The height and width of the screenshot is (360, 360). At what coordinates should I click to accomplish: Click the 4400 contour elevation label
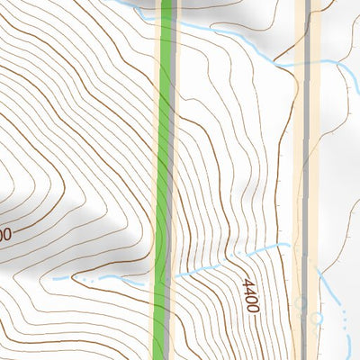[x=249, y=295]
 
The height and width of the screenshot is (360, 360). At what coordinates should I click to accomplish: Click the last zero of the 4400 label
[x=250, y=309]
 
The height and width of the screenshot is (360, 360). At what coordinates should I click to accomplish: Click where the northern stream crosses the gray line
[x=307, y=62]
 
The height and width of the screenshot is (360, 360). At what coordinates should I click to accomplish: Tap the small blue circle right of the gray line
[x=317, y=318]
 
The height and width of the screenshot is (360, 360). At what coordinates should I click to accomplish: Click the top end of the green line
[x=166, y=3]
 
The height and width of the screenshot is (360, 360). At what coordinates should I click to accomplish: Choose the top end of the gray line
[x=308, y=3]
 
